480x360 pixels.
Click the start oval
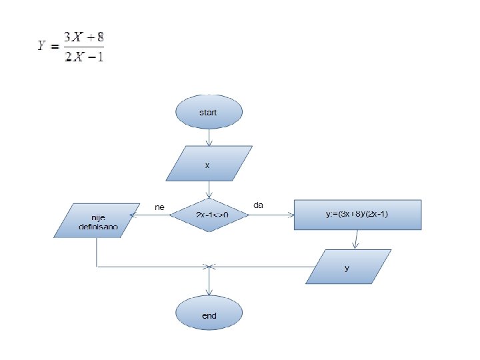(209, 112)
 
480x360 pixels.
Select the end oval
(209, 315)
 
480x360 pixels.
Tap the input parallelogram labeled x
(208, 164)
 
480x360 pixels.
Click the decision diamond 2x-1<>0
(210, 215)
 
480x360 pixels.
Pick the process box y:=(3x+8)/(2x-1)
(358, 215)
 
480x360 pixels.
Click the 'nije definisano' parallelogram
(97, 221)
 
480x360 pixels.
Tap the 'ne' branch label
(159, 207)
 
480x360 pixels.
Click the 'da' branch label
(259, 205)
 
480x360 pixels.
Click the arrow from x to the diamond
(209, 189)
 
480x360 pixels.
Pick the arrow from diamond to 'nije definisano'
(153, 215)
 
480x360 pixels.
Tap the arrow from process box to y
(357, 239)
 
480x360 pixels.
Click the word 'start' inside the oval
(208, 113)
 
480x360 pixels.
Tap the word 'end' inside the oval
(209, 315)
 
